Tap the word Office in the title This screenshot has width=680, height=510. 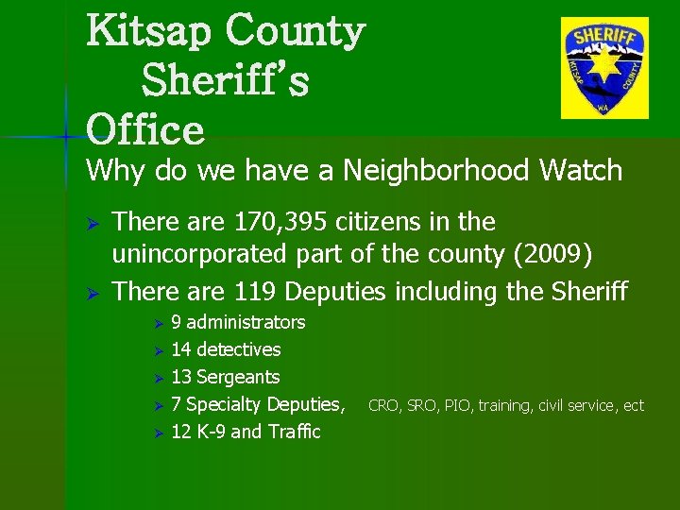145,129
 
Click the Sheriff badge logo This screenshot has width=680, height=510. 604,68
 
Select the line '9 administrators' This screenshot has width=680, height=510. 238,322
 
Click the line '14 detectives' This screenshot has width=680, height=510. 226,349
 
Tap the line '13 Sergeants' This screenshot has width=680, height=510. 225,377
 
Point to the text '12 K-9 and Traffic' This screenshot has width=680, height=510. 246,432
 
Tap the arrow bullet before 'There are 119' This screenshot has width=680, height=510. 93,293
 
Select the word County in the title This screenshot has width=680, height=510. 295,31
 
